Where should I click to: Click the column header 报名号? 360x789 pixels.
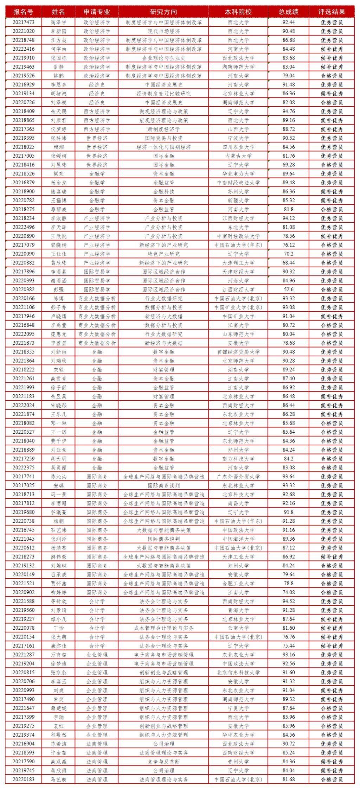[24, 12]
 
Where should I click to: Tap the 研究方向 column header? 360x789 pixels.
[163, 12]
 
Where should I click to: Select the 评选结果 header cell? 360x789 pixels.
[332, 12]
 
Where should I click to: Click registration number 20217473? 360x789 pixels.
[24, 22]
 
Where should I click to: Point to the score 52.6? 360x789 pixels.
[289, 289]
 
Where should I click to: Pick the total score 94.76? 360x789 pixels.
[289, 112]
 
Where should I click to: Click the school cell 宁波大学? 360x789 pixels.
[238, 138]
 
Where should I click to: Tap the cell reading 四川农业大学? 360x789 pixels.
[238, 147]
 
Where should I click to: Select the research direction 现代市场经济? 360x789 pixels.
[163, 31]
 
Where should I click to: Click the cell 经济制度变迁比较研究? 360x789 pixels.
[163, 94]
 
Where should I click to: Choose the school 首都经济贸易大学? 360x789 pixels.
[238, 352]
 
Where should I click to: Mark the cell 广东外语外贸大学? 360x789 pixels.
[238, 477]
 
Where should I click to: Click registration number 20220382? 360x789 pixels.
[24, 289]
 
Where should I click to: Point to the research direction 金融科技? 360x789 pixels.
[163, 192]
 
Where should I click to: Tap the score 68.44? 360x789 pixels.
[289, 263]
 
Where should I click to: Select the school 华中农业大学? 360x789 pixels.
[238, 735]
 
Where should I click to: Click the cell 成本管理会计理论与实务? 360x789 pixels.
[163, 628]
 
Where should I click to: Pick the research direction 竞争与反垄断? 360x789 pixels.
[163, 762]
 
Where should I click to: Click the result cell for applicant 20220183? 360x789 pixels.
[332, 779]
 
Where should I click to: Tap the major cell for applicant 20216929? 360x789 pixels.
[97, 85]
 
